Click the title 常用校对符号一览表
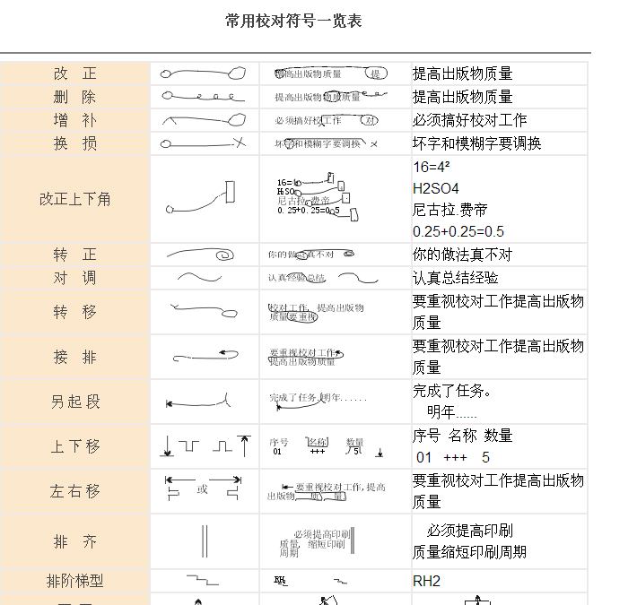pos(293,21)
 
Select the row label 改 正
pos(75,73)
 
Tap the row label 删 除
pos(75,97)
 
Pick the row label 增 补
pos(75,120)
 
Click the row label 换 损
pos(75,143)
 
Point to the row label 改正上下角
pos(75,199)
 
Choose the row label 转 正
pos(75,255)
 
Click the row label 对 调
pos(75,278)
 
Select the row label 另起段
pos(75,402)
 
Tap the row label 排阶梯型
pos(75,581)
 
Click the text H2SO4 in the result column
pos(436,189)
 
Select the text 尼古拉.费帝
pos(450,211)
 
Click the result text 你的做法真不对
pos(463,255)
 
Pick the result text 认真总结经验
pos(456,278)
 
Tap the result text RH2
pos(427,581)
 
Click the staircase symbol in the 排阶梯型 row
pos(203,581)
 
